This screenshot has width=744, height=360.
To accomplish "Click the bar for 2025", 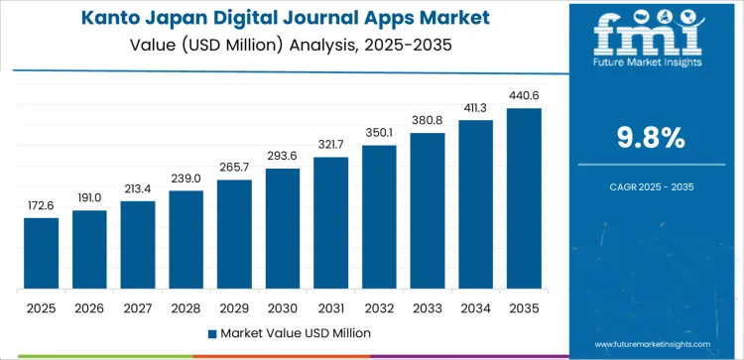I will coord(42,253).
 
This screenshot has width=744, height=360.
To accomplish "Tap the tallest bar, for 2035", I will coord(524,198).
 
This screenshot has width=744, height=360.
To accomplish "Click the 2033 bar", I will coord(428,210).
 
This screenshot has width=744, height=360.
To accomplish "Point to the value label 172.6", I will coord(42,205).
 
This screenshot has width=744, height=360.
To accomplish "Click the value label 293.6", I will coord(283,156).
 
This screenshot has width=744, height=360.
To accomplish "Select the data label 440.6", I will coord(524,95).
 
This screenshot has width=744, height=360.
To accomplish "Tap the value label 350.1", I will coord(379,133).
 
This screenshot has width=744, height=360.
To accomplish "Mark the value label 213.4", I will coord(138,188).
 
